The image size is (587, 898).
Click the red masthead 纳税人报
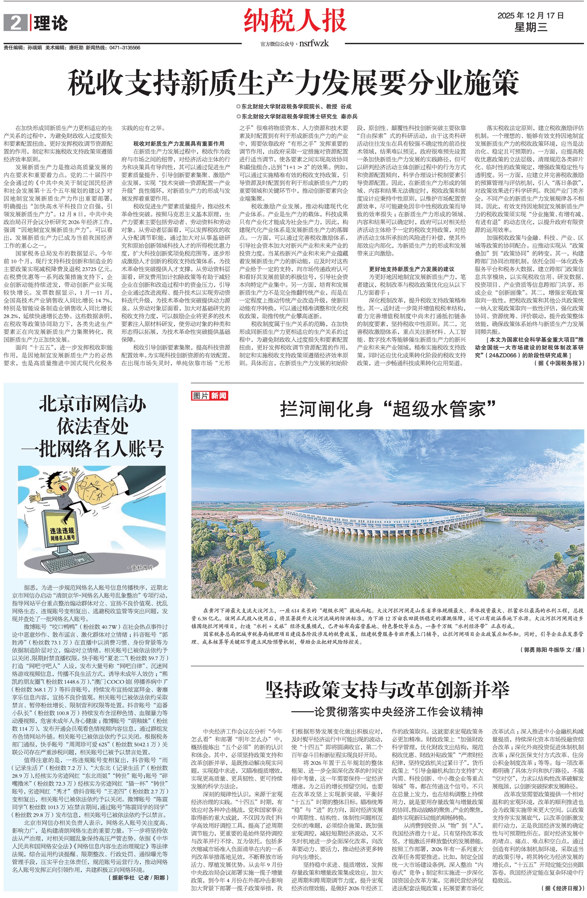295,21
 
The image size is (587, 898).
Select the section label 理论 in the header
51,24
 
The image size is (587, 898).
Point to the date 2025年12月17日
530,15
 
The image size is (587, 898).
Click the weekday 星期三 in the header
530,27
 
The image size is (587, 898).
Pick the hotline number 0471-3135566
125,48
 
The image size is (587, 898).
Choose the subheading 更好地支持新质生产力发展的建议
411,269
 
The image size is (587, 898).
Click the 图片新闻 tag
210,395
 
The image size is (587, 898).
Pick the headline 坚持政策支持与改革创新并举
387,690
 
